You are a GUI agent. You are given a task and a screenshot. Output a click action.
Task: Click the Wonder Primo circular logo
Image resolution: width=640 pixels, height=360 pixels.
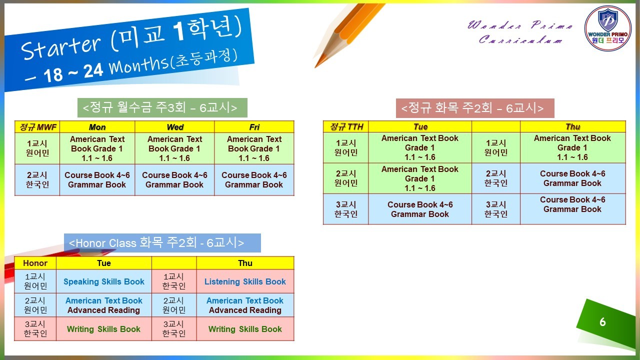[x=607, y=28]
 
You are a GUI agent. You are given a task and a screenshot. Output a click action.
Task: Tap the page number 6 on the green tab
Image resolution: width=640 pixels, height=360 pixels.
[x=602, y=322]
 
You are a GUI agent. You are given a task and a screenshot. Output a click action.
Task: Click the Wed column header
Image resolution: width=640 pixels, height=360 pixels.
[x=174, y=127]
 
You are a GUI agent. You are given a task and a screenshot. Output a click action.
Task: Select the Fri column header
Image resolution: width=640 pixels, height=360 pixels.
[x=254, y=127]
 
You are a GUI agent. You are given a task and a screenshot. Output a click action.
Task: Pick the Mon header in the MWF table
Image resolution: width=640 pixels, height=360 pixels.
[x=97, y=127]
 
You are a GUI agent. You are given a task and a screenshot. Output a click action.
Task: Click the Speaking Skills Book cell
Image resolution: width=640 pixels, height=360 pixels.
[x=103, y=281]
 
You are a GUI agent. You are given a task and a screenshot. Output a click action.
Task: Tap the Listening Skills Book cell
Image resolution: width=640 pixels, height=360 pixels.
[x=245, y=281]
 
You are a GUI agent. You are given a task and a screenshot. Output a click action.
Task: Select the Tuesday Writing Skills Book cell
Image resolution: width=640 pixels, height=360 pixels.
[x=103, y=329]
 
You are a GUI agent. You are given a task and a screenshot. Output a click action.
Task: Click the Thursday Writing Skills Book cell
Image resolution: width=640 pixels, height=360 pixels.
[x=245, y=329]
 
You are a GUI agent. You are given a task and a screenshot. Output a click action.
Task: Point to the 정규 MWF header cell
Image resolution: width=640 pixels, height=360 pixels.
[x=37, y=127]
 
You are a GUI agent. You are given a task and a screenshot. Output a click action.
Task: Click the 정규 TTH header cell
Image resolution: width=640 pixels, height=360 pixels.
[x=345, y=126]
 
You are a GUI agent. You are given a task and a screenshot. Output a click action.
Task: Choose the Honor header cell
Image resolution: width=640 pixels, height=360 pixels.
[x=35, y=263]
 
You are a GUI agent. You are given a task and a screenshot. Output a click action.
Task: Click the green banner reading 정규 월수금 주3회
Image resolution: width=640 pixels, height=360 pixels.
[x=162, y=107]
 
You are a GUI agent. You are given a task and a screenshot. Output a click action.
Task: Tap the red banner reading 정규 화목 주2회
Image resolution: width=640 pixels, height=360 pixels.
[x=475, y=108]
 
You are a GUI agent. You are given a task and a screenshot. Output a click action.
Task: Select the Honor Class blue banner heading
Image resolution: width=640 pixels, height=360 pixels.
[x=162, y=243]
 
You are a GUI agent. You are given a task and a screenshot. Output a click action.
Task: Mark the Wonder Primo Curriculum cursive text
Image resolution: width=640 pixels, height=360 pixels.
[x=520, y=32]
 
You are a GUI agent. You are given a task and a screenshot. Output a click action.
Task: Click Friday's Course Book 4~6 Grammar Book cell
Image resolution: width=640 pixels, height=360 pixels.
[x=254, y=179]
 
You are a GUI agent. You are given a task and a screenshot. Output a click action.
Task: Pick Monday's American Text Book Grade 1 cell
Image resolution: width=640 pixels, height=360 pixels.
[x=97, y=148]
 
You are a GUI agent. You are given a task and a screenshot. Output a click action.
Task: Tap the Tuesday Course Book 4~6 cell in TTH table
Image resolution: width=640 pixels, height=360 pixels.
[x=420, y=209]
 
